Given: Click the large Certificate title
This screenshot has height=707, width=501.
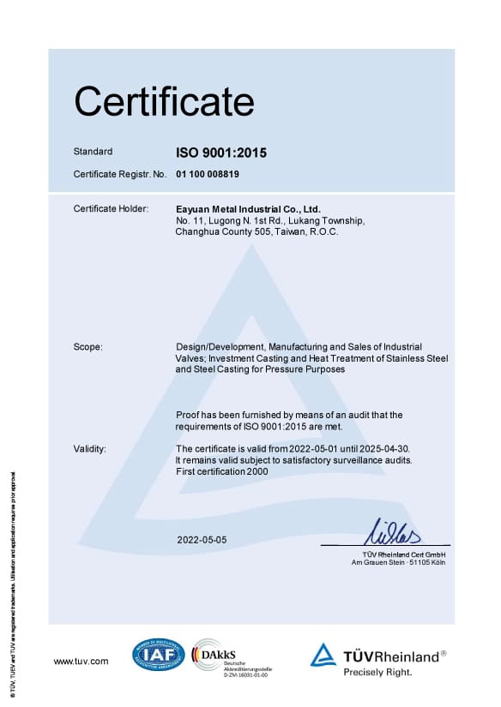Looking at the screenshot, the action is point(164,102).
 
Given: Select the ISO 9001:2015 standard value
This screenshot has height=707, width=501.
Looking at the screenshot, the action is point(221,153).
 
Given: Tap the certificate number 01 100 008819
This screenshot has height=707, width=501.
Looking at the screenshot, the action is point(208,174).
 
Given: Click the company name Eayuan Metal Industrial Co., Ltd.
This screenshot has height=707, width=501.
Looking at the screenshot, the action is point(247,209).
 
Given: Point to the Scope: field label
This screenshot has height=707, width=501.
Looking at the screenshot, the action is point(88,347).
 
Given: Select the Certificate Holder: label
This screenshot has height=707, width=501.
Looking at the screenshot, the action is point(112,209).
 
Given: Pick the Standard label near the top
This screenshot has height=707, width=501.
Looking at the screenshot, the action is point(93,152).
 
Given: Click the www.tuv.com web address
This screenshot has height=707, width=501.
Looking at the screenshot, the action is point(81,661).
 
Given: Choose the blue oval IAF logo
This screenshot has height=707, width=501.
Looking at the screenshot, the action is point(158,656).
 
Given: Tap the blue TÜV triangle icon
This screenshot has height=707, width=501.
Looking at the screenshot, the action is point(323,656).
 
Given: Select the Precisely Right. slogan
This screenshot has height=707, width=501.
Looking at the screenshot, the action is point(377,673).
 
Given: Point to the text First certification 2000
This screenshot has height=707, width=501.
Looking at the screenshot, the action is point(222,471).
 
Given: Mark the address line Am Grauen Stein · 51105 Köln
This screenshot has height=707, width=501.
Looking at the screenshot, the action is point(401,562).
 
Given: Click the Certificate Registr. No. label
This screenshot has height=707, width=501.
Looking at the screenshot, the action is point(119,174).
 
